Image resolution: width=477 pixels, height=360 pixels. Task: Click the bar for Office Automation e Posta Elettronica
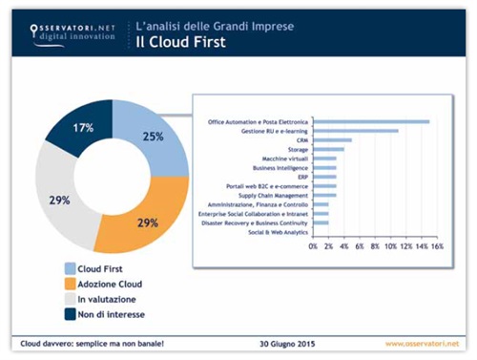pyautogui.click(x=371, y=121)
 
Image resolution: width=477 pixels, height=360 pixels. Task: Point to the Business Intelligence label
pyautogui.click(x=280, y=168)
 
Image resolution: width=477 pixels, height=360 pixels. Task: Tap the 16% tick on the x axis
pyautogui.click(x=436, y=246)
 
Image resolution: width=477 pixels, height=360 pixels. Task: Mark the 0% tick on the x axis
pyautogui.click(x=314, y=246)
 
